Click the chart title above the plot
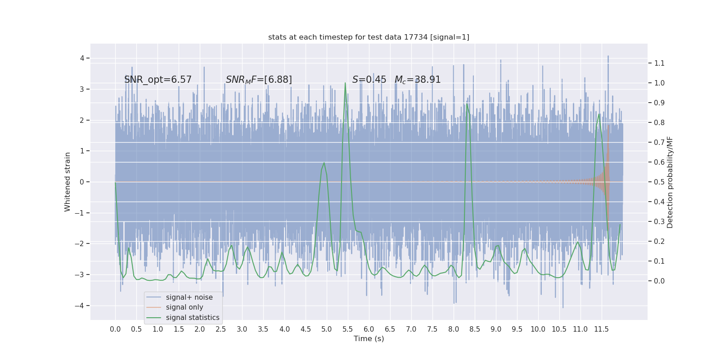369,37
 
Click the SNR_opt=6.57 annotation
158,80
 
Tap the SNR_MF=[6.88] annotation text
259,80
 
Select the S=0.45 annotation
369,80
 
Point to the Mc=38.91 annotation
418,80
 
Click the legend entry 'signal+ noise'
189,297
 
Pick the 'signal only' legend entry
184,307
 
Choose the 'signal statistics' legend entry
193,318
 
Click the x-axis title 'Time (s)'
369,338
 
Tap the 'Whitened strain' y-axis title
67,182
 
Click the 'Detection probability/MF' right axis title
670,182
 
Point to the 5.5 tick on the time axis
348,329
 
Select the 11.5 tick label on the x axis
601,329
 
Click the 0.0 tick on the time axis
115,329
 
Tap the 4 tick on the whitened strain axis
82,58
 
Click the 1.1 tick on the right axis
659,63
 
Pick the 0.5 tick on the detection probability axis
659,182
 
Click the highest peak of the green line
345,83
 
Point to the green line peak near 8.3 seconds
467,104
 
